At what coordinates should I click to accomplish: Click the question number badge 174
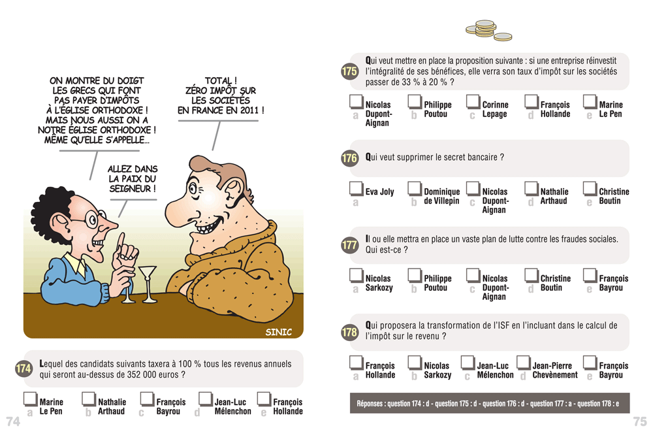pyautogui.click(x=24, y=369)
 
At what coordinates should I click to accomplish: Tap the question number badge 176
pyautogui.click(x=350, y=158)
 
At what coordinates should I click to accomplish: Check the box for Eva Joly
pyautogui.click(x=356, y=188)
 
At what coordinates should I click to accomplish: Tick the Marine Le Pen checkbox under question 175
pyautogui.click(x=590, y=101)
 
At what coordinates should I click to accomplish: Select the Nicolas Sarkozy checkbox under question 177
pyautogui.click(x=356, y=275)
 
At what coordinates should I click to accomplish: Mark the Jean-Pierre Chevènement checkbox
pyautogui.click(x=524, y=362)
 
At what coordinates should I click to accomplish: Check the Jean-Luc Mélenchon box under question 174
pyautogui.click(x=206, y=399)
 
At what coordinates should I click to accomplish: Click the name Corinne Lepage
pyautogui.click(x=495, y=109)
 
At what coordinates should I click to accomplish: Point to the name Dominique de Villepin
pyautogui.click(x=442, y=196)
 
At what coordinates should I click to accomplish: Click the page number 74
pyautogui.click(x=13, y=421)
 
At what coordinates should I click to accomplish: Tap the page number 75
pyautogui.click(x=640, y=421)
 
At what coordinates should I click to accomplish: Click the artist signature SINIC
pyautogui.click(x=279, y=332)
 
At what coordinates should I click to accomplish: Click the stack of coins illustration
pyautogui.click(x=488, y=31)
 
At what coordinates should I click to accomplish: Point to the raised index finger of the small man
pyautogui.click(x=121, y=241)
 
